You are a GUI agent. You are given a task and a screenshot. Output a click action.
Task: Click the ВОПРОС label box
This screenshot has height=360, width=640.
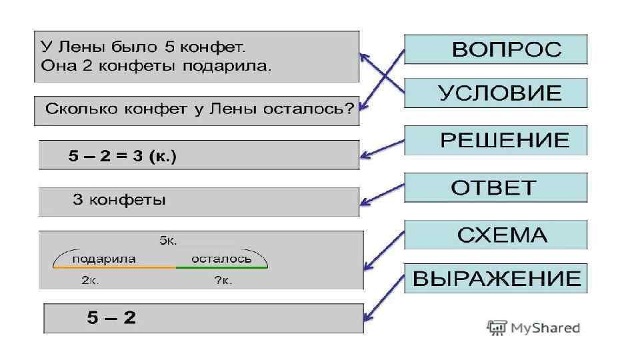pyautogui.click(x=496, y=49)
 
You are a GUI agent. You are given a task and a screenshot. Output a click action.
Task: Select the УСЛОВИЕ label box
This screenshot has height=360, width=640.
pyautogui.click(x=496, y=93)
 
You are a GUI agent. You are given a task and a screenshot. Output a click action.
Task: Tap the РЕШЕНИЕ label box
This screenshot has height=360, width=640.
pyautogui.click(x=496, y=140)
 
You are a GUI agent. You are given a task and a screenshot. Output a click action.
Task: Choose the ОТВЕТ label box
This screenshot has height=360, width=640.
pyautogui.click(x=496, y=187)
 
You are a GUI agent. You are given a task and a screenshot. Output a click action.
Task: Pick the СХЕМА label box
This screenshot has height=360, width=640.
pyautogui.click(x=496, y=235)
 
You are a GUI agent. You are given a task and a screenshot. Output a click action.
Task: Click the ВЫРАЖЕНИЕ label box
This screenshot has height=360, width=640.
pyautogui.click(x=496, y=278)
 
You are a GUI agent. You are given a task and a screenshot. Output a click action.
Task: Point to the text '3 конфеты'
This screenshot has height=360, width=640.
pyautogui.click(x=119, y=200)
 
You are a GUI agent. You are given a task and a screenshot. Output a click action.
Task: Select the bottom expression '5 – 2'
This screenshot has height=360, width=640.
pyautogui.click(x=111, y=318)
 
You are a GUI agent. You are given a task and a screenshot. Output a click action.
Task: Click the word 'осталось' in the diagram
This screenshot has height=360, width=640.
pyautogui.click(x=221, y=258)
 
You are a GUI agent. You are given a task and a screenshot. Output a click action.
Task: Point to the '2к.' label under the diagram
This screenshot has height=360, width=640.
pyautogui.click(x=91, y=281)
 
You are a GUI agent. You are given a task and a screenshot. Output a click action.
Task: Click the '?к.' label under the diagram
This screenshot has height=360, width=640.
pyautogui.click(x=223, y=281)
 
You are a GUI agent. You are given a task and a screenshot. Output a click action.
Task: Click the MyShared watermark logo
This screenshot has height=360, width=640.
pyautogui.click(x=533, y=327)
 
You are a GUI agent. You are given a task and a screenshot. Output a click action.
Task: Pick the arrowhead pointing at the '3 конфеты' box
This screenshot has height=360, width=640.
pyautogui.click(x=364, y=203)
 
